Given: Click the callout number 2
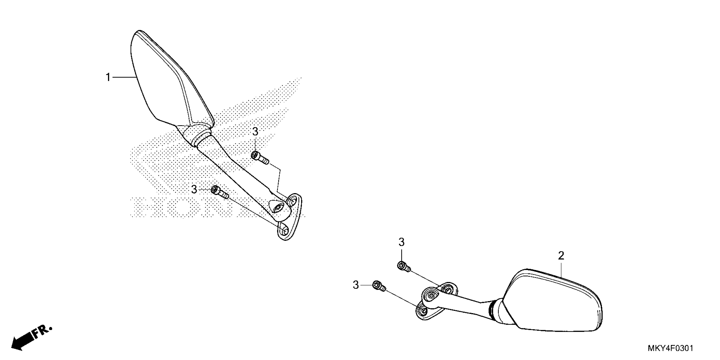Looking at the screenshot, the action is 561,255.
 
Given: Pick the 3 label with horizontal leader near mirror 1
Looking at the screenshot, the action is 194,190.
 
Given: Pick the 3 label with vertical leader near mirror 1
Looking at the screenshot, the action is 255,131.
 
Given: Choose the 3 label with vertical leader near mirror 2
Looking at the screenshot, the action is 401,242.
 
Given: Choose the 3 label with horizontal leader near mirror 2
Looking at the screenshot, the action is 356,285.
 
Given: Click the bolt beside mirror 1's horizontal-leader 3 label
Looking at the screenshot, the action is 220,192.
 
